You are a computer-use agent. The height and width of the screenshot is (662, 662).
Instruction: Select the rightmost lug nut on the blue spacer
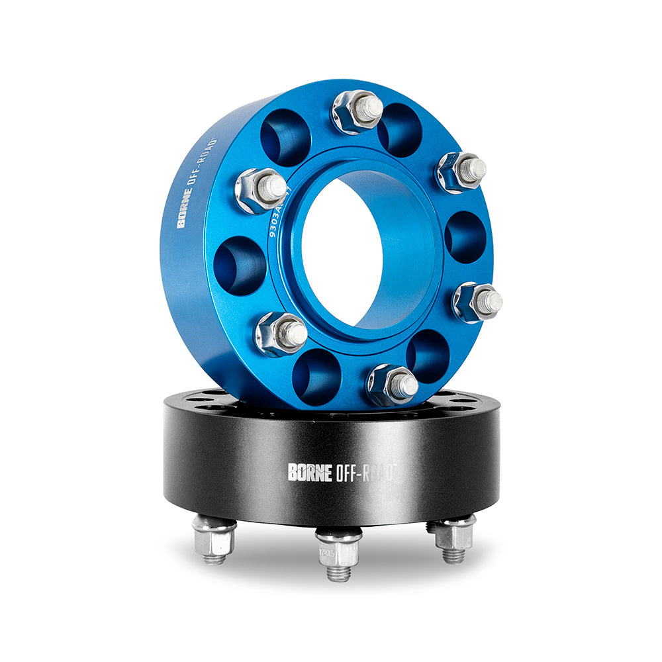(478, 302)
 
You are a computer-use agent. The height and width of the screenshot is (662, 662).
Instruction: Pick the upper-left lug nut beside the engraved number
(261, 190)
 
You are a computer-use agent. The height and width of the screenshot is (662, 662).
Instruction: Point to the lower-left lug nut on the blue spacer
(281, 333)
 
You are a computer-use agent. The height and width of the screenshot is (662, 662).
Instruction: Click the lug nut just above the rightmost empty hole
(461, 171)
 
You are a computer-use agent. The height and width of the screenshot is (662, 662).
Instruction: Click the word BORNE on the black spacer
(308, 471)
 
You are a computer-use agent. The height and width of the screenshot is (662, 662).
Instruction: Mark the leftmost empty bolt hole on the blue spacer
(240, 265)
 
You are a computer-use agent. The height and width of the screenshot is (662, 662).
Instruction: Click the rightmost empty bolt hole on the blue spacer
(465, 237)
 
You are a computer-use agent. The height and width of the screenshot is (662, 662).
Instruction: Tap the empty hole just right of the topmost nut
(399, 129)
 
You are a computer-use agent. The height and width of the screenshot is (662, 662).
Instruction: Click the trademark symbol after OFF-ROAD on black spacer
(397, 467)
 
